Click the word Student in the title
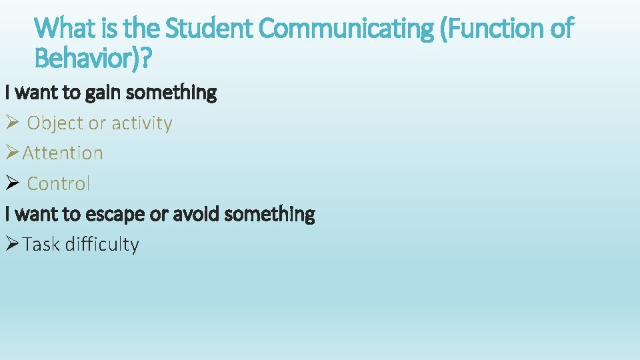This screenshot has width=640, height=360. (x=208, y=29)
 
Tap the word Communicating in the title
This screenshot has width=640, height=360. (x=345, y=29)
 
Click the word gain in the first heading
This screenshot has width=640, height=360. (x=104, y=93)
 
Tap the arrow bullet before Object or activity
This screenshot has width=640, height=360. (x=13, y=123)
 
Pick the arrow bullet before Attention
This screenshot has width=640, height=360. (x=13, y=153)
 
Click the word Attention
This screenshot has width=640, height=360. (x=63, y=153)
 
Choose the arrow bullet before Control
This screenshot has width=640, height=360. (x=13, y=183)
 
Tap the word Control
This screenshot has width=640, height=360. (x=59, y=183)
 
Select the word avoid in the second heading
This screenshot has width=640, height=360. (x=197, y=214)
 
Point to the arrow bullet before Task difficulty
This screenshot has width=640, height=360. (x=13, y=244)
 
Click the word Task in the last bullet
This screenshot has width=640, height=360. (x=41, y=245)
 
